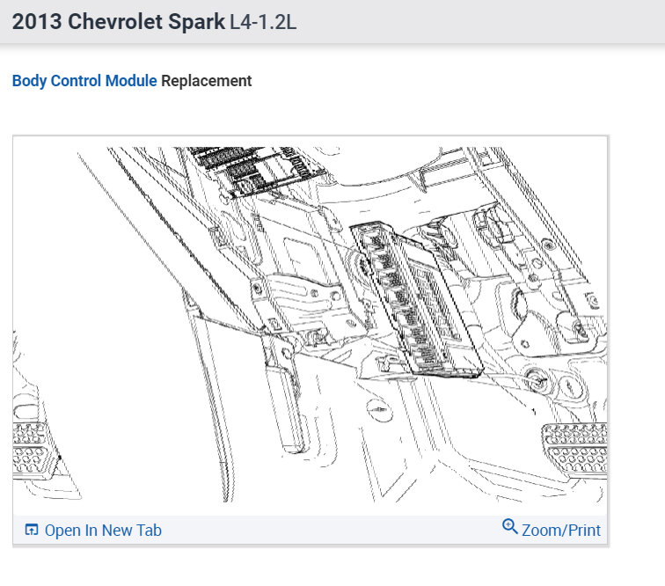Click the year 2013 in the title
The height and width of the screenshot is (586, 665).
pyautogui.click(x=37, y=22)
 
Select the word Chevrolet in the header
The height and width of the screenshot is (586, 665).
pyautogui.click(x=115, y=22)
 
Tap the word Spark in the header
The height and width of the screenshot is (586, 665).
pyautogui.click(x=196, y=22)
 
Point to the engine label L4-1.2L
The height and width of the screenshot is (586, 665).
pyautogui.click(x=263, y=22)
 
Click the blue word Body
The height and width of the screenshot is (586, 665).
pyautogui.click(x=29, y=81)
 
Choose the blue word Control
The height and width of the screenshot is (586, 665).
pyautogui.click(x=76, y=80)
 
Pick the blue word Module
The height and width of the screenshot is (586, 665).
pyautogui.click(x=131, y=80)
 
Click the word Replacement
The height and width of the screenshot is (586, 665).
pyautogui.click(x=207, y=81)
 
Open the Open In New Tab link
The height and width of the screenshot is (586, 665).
pyautogui.click(x=103, y=531)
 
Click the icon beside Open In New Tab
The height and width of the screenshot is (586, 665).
pyautogui.click(x=32, y=530)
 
